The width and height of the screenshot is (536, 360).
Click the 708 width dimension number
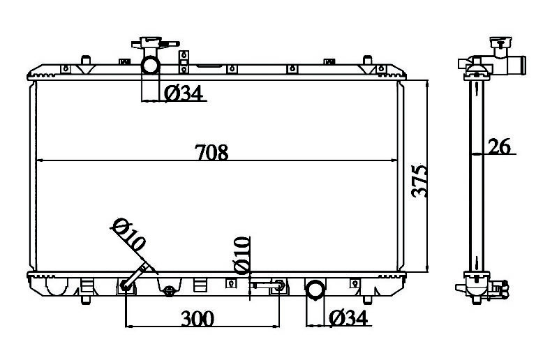pyautogui.click(x=211, y=152)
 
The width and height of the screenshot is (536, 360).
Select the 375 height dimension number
pyautogui.click(x=419, y=181)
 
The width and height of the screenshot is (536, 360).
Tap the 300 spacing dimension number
pyautogui.click(x=198, y=318)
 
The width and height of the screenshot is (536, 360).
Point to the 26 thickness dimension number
pyautogui.click(x=499, y=147)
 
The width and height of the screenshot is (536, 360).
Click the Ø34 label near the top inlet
pyautogui.click(x=184, y=93)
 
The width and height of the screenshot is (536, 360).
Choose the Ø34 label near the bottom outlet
pyautogui.click(x=348, y=318)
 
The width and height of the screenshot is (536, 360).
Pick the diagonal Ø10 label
pyautogui.click(x=129, y=234)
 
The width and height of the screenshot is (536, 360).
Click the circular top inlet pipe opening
pyautogui.click(x=151, y=65)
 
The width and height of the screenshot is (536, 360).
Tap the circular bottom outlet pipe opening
pyautogui.click(x=315, y=289)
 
